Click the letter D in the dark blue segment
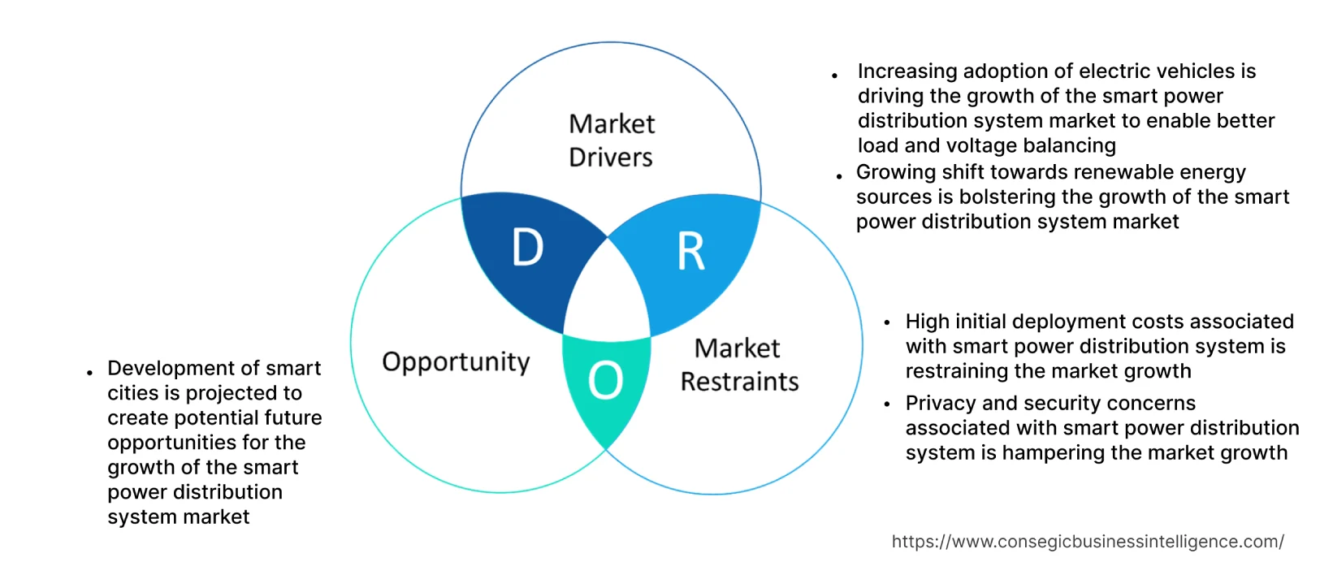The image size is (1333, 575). (x=528, y=247)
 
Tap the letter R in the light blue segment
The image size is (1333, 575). (x=691, y=252)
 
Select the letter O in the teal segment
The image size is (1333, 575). (x=606, y=380)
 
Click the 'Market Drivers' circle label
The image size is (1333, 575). (x=611, y=140)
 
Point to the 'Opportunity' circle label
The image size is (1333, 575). (x=456, y=361)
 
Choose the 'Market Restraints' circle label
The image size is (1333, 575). (x=739, y=365)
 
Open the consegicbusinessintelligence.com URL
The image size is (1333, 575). (x=1088, y=542)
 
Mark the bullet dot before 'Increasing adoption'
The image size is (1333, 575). (x=835, y=76)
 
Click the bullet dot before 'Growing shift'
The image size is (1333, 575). (x=839, y=176)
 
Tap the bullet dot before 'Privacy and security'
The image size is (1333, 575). (x=887, y=404)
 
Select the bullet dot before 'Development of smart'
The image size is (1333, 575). (x=89, y=373)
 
